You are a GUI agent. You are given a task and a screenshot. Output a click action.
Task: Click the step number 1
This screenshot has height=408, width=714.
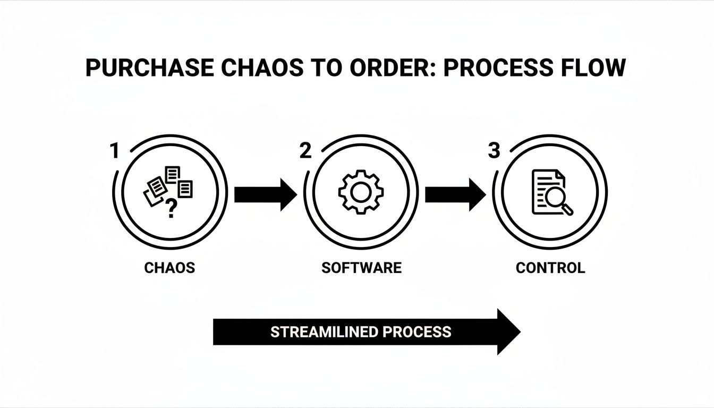pos(114,151)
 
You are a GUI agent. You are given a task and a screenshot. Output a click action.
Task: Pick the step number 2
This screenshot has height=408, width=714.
pos(305,151)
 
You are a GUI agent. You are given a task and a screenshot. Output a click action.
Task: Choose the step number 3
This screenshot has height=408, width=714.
pos(494,151)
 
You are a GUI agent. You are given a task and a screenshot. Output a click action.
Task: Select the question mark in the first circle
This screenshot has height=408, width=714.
pos(171,209)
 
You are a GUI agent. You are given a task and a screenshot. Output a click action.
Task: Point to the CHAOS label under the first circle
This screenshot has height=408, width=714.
pos(169,268)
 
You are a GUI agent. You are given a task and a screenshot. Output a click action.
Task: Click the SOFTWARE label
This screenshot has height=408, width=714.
pos(361,268)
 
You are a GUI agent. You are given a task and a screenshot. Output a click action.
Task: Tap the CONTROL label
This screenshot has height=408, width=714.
pos(550,268)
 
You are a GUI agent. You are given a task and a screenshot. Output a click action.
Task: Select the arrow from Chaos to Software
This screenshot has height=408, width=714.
pos(265,194)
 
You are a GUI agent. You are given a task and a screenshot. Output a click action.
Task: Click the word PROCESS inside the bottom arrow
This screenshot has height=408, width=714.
pos(417,332)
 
